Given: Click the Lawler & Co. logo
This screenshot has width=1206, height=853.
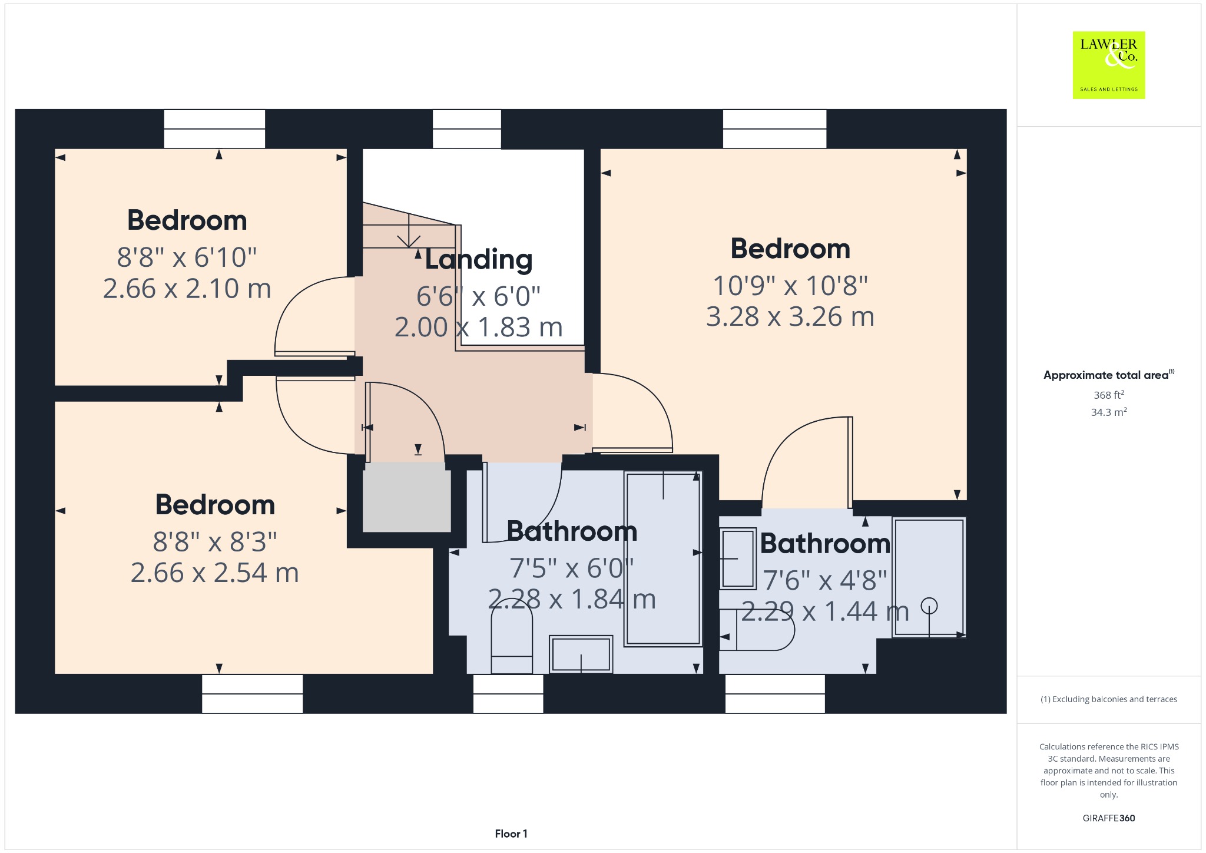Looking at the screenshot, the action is pos(1108,65).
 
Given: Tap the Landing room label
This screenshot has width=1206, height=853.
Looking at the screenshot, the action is pos(478,260).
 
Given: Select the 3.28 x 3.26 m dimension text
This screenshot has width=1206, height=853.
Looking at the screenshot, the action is pos(790,317).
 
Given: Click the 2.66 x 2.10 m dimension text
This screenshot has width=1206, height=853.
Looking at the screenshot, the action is pos(187,289).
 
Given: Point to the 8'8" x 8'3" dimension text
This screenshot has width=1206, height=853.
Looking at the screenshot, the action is pos(215,542).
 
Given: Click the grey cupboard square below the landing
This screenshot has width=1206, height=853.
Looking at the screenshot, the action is pos(406,497).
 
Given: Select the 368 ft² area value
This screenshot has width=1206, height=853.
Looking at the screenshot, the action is pos(1109,395).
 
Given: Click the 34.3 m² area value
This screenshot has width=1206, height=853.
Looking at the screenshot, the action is pos(1109,412).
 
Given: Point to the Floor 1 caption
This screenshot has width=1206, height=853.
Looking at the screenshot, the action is pos(511,834).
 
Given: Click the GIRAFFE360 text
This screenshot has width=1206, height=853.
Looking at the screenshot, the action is pos(1109,818).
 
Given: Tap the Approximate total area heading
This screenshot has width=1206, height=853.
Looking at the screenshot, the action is pos(1109,375).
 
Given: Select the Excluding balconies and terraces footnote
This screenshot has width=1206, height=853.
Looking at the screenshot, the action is pos(1109,699).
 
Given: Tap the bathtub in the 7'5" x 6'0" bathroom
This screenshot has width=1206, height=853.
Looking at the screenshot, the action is pos(663,558).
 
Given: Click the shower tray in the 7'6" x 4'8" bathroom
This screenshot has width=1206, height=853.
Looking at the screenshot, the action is pos(929,577).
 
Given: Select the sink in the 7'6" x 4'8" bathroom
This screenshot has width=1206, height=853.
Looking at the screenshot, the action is pos(738,558).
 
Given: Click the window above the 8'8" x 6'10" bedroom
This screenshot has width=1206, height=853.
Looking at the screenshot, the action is pos(214,129).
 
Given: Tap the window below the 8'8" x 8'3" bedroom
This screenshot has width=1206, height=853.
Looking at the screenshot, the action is pos(253,693).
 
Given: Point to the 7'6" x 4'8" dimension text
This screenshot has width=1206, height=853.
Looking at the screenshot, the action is pos(825,581).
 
